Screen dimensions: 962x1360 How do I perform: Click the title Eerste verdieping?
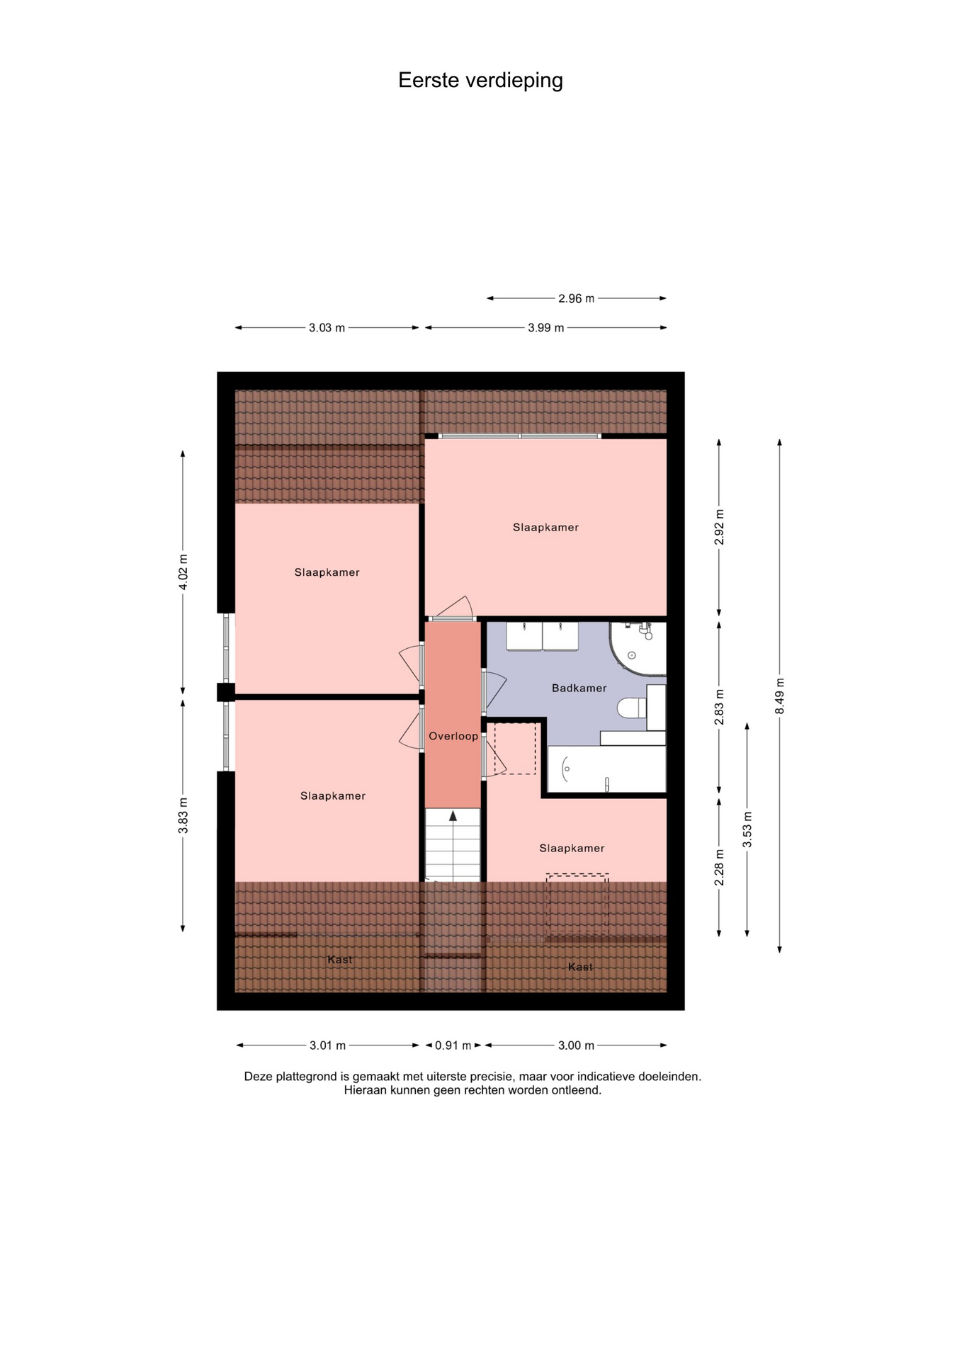coord(480,81)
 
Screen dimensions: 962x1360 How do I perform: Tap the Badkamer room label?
coord(579,688)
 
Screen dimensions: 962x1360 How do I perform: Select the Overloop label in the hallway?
coord(453,736)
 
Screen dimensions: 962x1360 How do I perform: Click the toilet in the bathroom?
coord(632,708)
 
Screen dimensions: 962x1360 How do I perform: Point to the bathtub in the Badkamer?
coord(606,769)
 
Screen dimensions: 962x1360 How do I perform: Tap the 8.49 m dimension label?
coord(780,696)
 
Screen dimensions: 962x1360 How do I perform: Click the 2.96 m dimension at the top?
coord(576,298)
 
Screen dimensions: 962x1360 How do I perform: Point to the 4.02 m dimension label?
coord(183,572)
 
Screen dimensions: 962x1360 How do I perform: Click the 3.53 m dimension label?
coord(747,829)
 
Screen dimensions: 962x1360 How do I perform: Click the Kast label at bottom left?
coord(340,960)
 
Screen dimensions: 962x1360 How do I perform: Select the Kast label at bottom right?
coord(580,967)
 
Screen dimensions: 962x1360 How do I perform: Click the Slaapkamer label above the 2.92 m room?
coord(545,527)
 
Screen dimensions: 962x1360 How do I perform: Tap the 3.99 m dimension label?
coord(546,328)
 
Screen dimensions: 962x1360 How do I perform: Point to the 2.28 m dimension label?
coord(720,867)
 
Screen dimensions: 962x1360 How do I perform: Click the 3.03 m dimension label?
coord(327,328)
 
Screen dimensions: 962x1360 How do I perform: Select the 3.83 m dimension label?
coord(183,815)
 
